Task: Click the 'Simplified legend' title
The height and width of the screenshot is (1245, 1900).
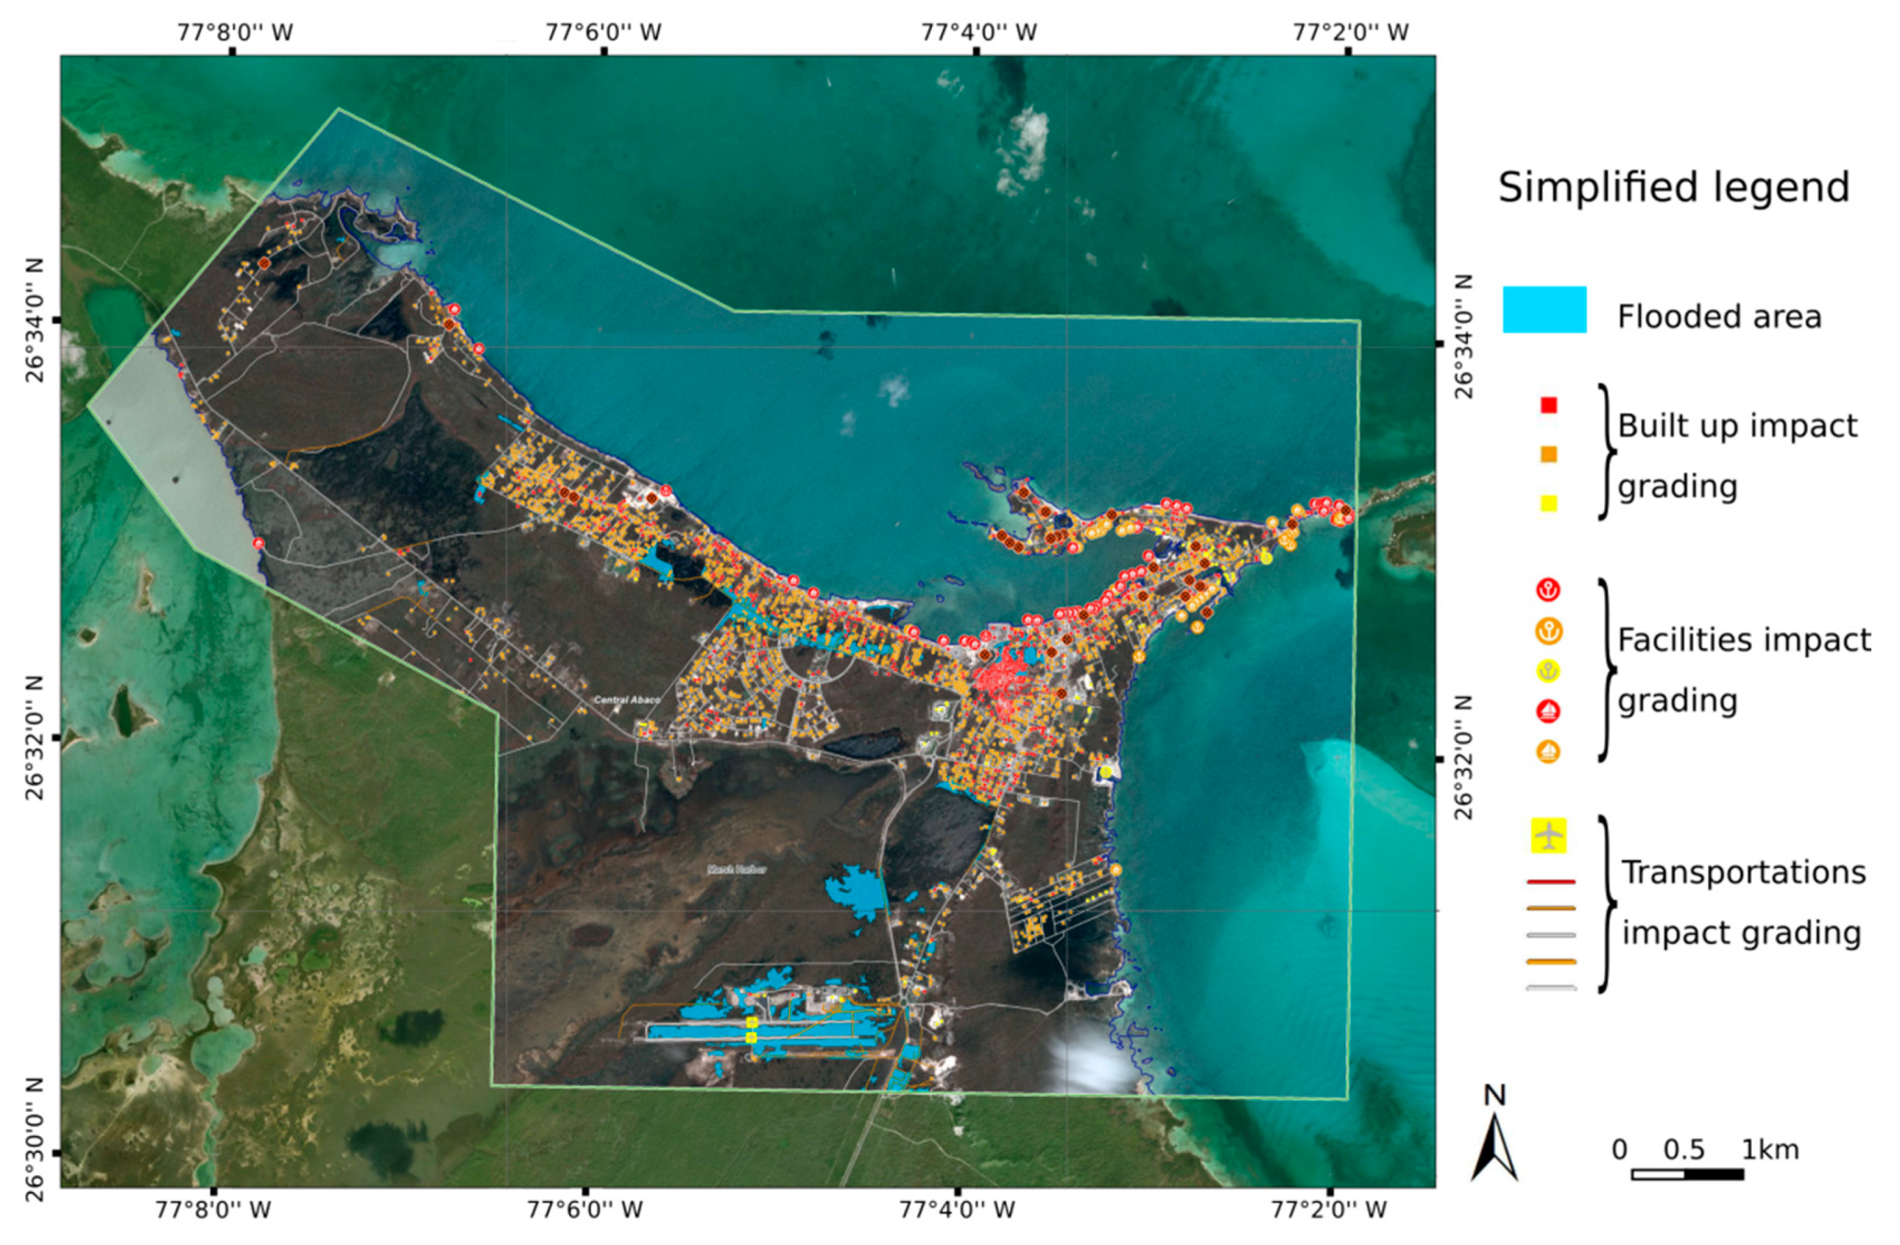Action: [x=1673, y=189]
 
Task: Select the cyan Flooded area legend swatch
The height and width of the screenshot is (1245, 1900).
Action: [x=1544, y=309]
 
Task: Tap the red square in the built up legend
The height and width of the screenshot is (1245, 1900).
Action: [x=1549, y=406]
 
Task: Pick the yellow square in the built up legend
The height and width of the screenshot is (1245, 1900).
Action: [x=1549, y=503]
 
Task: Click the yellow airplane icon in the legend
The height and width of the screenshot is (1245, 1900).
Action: [x=1549, y=835]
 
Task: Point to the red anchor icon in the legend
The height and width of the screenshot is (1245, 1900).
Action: [x=1549, y=591]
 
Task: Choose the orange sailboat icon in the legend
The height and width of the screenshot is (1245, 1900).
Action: [x=1549, y=751]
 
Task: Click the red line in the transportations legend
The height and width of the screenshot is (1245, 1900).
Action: [x=1550, y=883]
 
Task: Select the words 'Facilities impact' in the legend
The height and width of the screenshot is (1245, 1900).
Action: [x=1744, y=640]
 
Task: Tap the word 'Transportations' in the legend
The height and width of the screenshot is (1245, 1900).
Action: [x=1744, y=873]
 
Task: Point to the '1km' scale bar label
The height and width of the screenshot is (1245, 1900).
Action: [x=1770, y=1151]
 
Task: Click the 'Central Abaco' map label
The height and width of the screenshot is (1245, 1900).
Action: [x=627, y=700]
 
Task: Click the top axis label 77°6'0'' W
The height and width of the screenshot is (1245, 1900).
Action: [x=604, y=33]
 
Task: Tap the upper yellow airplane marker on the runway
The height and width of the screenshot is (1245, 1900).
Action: [x=750, y=1022]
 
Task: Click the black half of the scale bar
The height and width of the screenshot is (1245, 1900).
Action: [x=1714, y=1174]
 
